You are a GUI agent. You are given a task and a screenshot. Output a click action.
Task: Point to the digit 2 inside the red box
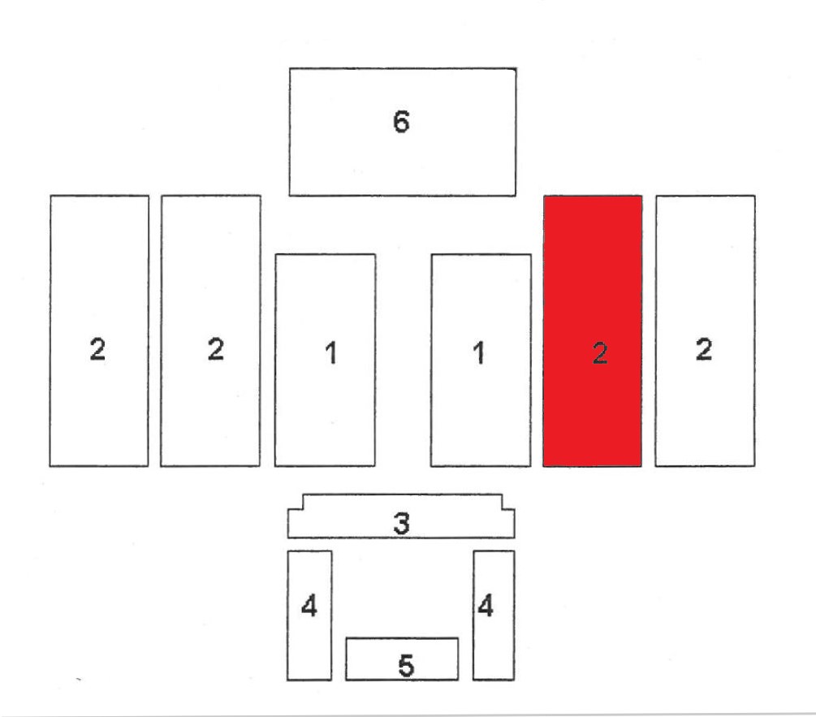pos(600,353)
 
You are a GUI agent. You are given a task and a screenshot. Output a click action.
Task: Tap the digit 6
pos(401,122)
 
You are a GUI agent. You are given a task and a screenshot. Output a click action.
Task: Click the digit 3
pos(401,524)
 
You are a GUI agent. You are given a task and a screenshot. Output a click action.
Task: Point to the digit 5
pos(406,666)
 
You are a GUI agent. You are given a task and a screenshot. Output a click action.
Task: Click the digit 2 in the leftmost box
pos(97,350)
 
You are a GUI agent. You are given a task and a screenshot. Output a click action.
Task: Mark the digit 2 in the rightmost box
pos(704,350)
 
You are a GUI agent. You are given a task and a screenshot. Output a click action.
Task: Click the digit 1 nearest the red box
pos(480,353)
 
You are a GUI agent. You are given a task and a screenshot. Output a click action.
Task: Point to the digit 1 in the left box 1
pos(330,353)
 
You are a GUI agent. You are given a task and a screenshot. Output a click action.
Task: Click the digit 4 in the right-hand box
pos(486,607)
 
